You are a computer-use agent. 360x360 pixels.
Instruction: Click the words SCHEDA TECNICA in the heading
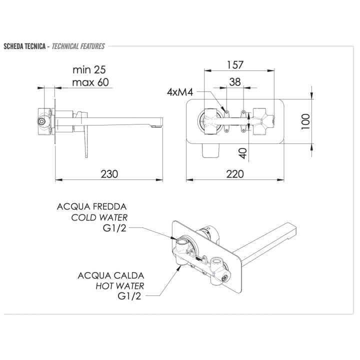(x=23, y=46)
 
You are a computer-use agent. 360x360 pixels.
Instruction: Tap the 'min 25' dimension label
(x=89, y=69)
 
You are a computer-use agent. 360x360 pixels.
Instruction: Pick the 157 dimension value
(x=234, y=64)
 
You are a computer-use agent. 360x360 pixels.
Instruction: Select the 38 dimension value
(x=234, y=81)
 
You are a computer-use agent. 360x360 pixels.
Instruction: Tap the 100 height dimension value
(x=306, y=121)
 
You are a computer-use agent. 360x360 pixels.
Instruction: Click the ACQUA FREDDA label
(x=92, y=206)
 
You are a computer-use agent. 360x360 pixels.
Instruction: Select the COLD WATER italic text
(x=99, y=217)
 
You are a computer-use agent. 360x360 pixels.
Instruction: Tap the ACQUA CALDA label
(x=111, y=275)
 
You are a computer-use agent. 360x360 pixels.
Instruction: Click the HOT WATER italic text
(x=119, y=286)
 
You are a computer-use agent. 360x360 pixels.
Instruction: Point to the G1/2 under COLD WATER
(x=114, y=229)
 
